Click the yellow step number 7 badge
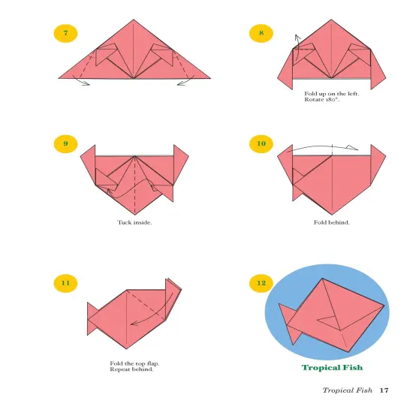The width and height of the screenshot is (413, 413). point(66,33)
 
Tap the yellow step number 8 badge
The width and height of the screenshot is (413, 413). point(261,33)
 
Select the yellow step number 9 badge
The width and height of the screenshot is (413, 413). point(66,143)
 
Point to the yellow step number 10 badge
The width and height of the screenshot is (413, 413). point(261,143)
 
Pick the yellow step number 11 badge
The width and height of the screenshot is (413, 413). point(66,283)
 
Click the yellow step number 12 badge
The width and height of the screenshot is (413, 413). point(261,283)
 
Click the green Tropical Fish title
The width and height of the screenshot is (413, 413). point(332,368)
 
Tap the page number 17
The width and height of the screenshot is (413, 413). point(384,390)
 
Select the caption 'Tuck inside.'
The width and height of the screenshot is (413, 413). point(134,222)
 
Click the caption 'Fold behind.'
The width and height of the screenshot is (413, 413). point(331,222)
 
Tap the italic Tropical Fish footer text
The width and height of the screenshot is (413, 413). point(347,390)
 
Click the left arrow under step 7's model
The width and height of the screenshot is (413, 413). point(81,83)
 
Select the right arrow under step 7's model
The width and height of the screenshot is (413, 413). point(185,83)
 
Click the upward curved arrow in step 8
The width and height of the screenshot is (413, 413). point(295,45)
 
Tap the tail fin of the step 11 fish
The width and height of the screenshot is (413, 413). point(94,318)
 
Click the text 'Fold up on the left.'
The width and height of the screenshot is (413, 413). point(331,93)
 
